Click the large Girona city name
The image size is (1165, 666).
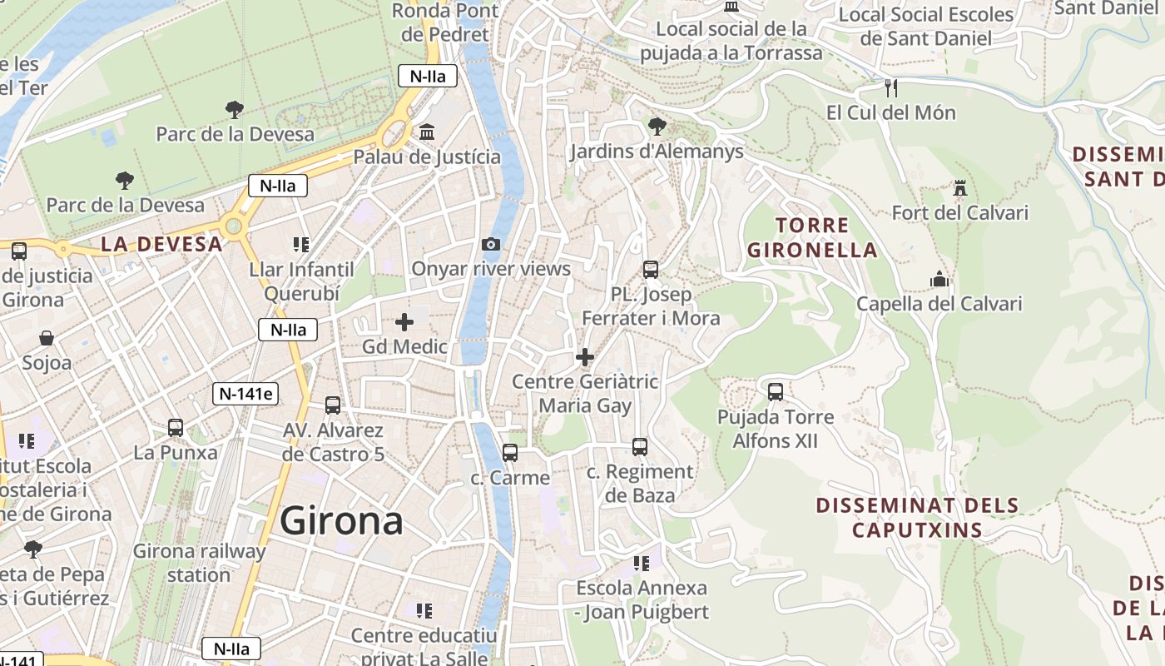tap(341, 522)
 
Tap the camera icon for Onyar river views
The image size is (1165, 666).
tap(491, 244)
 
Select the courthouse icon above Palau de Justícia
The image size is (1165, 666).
tap(427, 132)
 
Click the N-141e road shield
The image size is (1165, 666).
tap(245, 394)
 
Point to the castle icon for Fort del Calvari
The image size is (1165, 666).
tap(960, 188)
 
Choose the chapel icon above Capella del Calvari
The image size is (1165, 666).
tap(939, 279)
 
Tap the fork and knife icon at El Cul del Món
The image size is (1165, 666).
tap(891, 87)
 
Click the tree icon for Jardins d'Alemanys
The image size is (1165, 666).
tap(657, 127)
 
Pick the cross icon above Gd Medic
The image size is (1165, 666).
tap(404, 322)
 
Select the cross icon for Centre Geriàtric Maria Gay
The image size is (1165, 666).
tap(585, 357)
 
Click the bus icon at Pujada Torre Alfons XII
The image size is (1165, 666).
tap(776, 391)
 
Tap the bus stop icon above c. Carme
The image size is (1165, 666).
tap(510, 453)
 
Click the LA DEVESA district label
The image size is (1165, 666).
tap(161, 244)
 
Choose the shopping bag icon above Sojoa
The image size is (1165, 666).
tap(47, 338)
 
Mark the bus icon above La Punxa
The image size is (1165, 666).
tap(176, 428)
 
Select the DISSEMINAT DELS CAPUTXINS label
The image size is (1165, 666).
tap(917, 517)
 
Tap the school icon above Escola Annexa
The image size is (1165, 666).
tap(642, 564)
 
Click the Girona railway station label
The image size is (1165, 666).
tap(199, 563)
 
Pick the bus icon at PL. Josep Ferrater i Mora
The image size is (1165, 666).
tap(651, 270)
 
